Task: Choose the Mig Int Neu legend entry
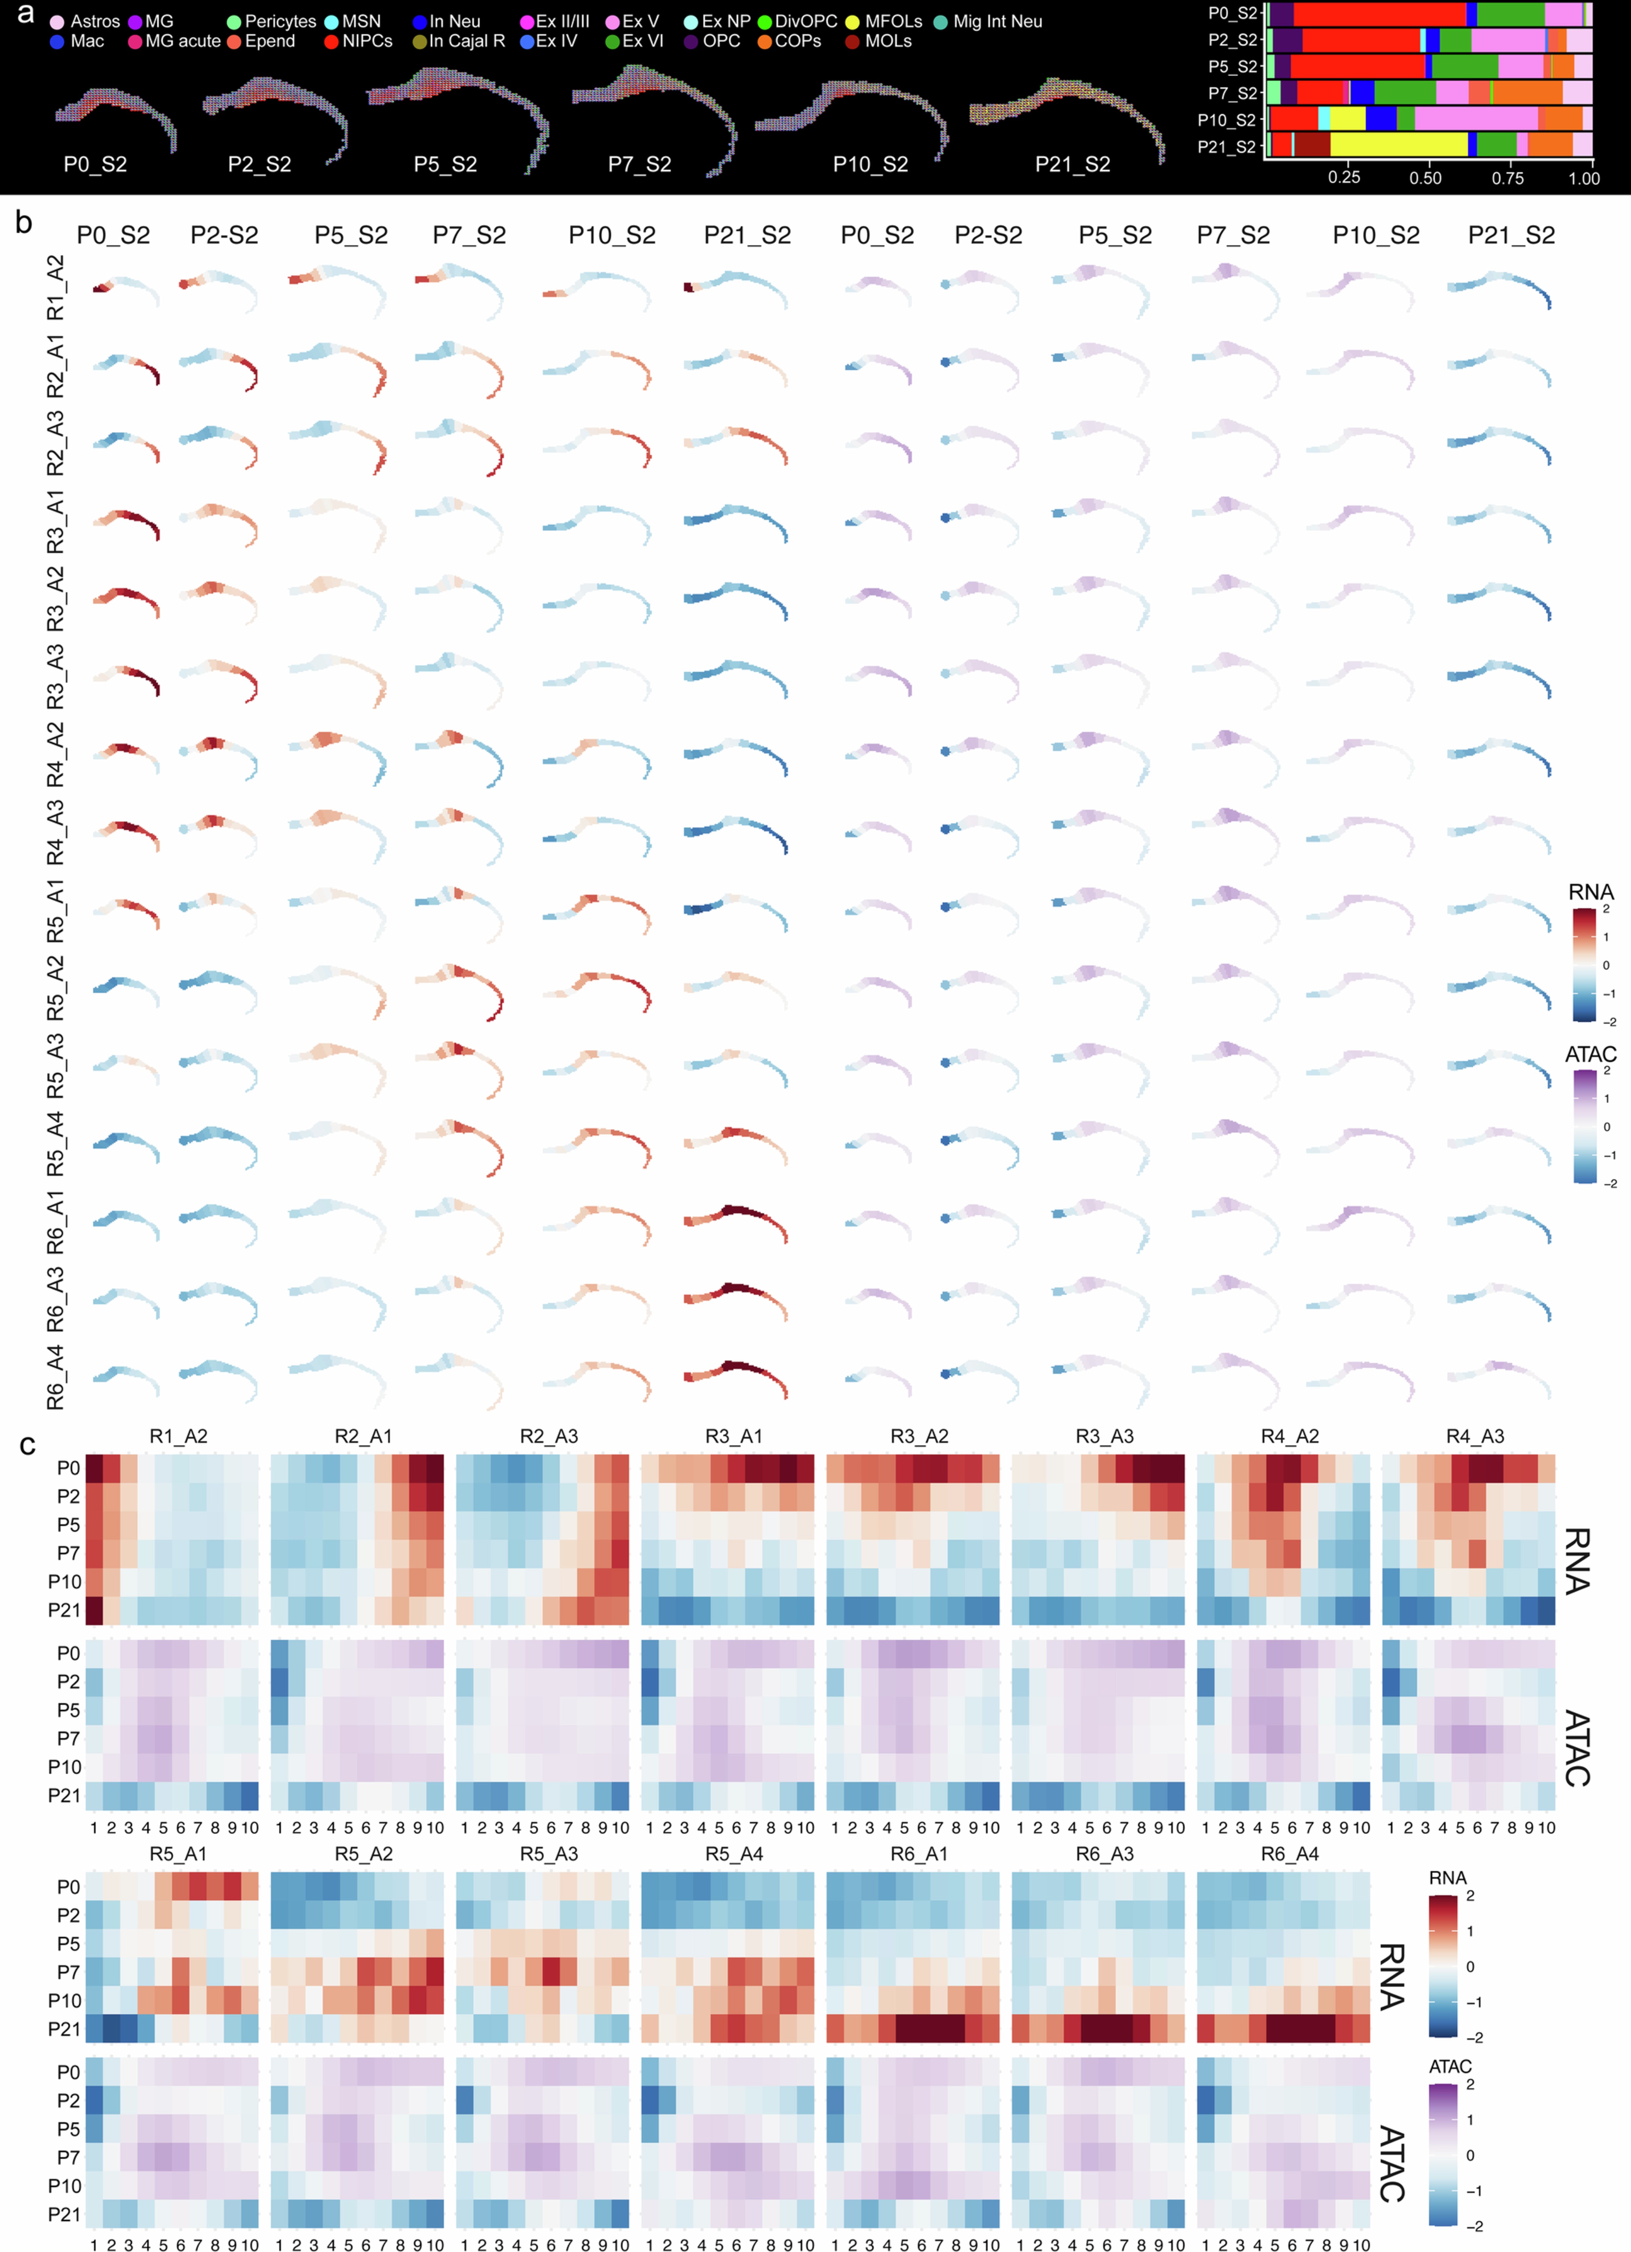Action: (988, 21)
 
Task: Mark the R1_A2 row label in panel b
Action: (56, 288)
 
